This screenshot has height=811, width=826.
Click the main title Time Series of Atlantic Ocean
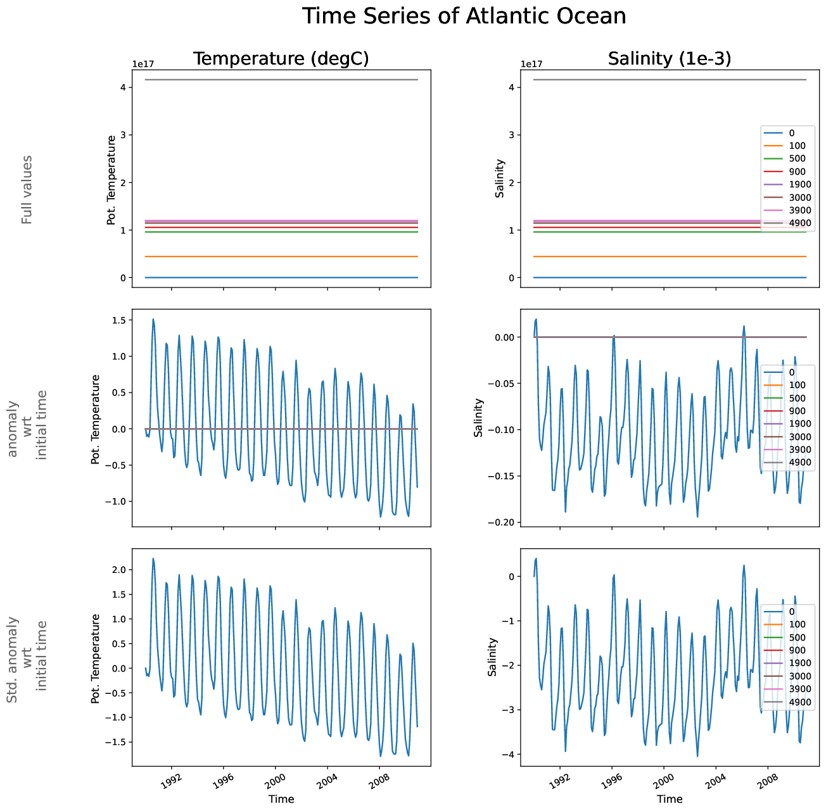coord(464,16)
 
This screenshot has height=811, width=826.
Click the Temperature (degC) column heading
coord(281,59)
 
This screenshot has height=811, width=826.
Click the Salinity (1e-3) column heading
coord(670,59)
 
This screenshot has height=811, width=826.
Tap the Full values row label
coord(27,189)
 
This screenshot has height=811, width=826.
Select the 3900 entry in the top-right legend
coord(797,210)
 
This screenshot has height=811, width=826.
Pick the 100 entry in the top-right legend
coord(797,146)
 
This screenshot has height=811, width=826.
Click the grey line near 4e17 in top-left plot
coord(281,80)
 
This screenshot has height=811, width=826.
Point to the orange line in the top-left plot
coord(281,256)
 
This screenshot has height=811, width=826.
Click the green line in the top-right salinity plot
coord(633,232)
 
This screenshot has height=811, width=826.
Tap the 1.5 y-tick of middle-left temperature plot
coord(118,320)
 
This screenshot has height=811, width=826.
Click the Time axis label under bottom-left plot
coord(281,799)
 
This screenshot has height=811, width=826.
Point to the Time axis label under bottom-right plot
coord(670,799)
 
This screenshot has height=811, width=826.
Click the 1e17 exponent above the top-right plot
coord(531,64)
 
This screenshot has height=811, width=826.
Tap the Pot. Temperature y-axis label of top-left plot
coord(112,180)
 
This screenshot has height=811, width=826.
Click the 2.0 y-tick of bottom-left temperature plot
coord(118,570)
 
